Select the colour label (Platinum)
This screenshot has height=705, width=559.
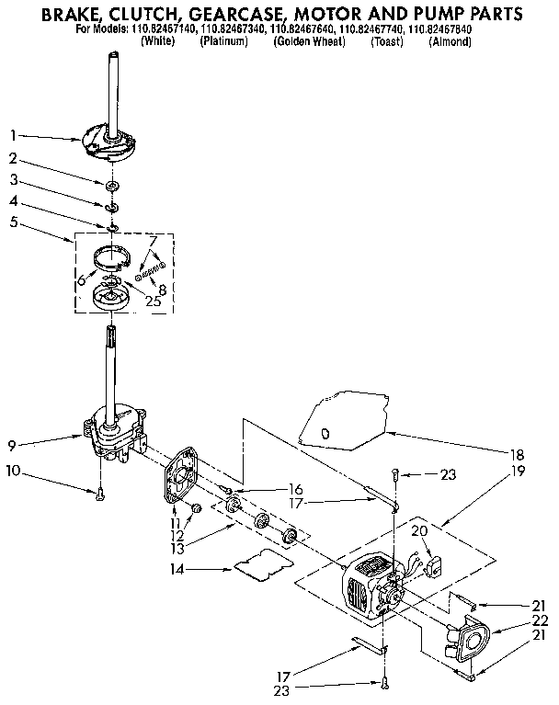223,42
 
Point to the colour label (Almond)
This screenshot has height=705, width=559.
450,42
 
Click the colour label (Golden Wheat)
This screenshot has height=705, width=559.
308,42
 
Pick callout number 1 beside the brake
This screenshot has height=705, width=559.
13,134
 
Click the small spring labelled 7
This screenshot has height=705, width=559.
151,270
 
